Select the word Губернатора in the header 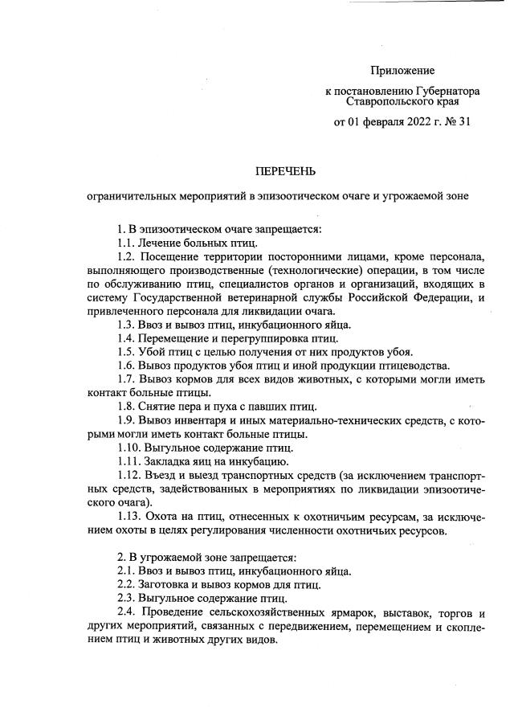point(443,92)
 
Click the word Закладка point(171,461)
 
